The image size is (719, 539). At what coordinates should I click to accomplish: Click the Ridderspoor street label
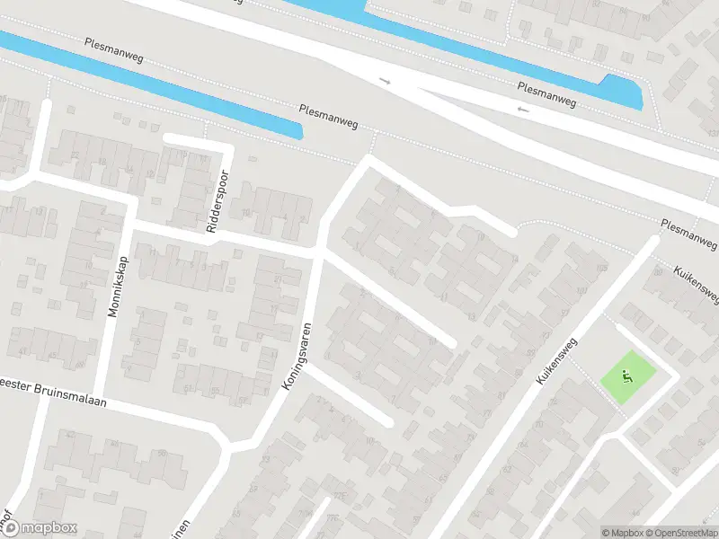218,202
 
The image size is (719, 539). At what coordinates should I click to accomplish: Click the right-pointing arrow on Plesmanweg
386,81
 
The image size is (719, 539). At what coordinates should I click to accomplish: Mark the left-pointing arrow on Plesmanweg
523,110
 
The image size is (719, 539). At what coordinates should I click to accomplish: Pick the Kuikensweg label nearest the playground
558,362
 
